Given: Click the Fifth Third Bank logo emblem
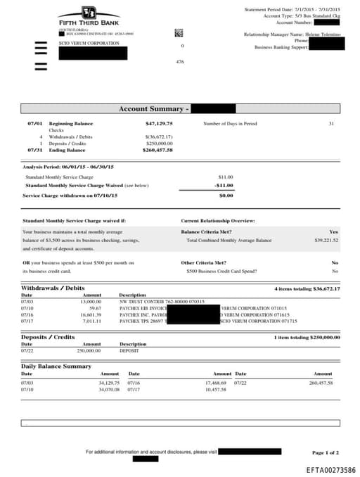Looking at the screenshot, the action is (88, 13).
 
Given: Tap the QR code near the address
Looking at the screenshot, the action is (179, 32).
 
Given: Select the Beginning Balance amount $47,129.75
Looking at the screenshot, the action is (158, 124).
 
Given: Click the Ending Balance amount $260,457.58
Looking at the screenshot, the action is (157, 150).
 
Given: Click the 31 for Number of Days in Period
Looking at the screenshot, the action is (331, 124).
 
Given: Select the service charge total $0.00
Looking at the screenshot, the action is (226, 196).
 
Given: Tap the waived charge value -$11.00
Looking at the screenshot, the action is (224, 185).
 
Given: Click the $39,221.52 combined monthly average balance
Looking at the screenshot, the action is (326, 240).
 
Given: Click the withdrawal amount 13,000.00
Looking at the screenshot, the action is (91, 301).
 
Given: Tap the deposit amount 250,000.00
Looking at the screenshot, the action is (89, 350).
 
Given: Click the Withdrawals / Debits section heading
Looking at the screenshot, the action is (53, 288).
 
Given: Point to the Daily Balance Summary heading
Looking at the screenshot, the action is (56, 367).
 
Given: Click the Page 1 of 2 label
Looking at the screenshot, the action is (326, 452).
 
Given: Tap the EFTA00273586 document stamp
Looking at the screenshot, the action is (330, 470).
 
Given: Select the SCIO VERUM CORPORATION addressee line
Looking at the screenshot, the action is (89, 44).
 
